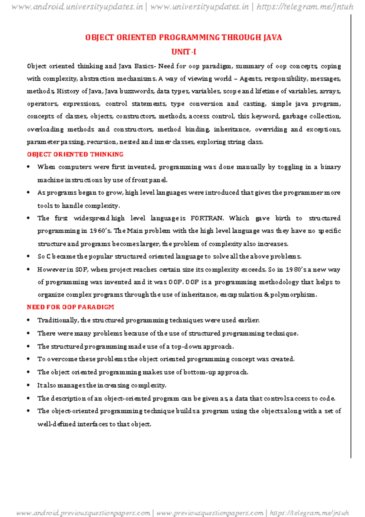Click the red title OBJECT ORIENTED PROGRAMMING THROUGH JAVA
[183, 37]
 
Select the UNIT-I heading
[183, 52]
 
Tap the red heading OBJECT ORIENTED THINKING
[75, 154]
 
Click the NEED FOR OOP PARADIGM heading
[70, 307]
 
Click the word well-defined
[56, 424]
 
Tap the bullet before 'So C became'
[28, 256]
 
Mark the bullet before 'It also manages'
[28, 385]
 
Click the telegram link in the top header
[305, 7]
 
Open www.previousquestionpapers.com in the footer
[210, 513]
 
